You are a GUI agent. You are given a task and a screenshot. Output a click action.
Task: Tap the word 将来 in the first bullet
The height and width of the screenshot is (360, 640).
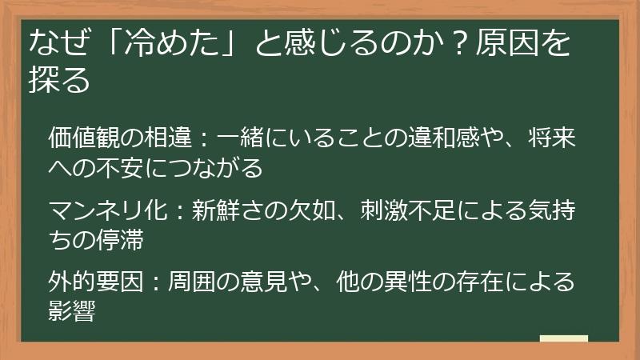click(x=552, y=138)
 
